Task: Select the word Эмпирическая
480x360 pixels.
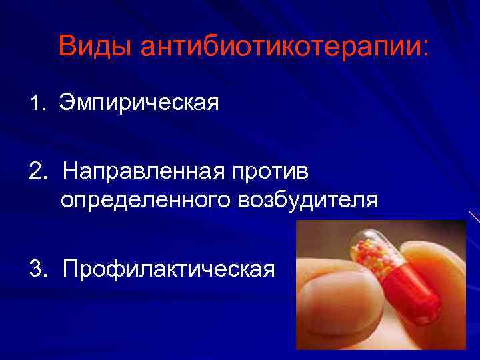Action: [x=139, y=103]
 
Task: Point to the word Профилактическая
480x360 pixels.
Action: [x=169, y=269]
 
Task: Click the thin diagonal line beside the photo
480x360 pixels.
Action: [x=474, y=217]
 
